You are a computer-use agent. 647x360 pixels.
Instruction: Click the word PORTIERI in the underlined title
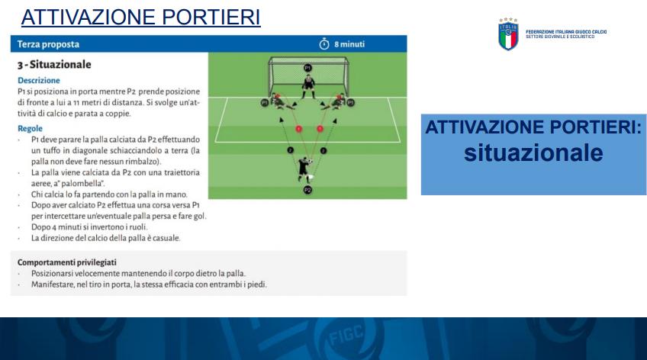(x=211, y=18)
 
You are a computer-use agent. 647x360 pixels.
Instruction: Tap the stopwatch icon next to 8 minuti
(x=324, y=43)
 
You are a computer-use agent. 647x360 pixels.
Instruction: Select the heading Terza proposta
(x=48, y=44)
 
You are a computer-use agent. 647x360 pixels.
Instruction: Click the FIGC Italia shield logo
(x=508, y=34)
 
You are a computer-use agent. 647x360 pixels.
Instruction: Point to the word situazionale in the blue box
(x=533, y=153)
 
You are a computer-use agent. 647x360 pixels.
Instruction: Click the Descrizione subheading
(x=39, y=80)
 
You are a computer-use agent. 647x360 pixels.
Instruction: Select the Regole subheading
(x=30, y=128)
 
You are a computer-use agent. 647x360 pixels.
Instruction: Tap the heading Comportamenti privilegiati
(x=67, y=262)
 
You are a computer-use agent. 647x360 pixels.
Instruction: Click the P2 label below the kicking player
(x=307, y=190)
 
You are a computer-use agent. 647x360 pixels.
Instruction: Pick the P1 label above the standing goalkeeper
(x=307, y=68)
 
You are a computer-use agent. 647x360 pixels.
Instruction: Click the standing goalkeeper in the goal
(x=307, y=86)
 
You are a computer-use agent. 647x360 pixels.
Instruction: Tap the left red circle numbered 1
(x=298, y=129)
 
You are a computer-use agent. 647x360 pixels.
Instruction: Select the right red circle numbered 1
(x=320, y=129)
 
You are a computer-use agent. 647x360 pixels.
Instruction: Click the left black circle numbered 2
(x=290, y=150)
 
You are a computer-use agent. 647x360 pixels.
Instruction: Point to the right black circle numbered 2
(x=323, y=150)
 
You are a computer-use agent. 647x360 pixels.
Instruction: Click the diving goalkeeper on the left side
(x=282, y=102)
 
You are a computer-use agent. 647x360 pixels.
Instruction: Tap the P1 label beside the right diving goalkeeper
(x=350, y=102)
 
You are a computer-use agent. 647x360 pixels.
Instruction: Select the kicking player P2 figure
(x=305, y=169)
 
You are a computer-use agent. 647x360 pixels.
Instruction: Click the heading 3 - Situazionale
(x=54, y=64)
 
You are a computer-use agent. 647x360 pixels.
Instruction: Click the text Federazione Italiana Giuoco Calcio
(x=566, y=32)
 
